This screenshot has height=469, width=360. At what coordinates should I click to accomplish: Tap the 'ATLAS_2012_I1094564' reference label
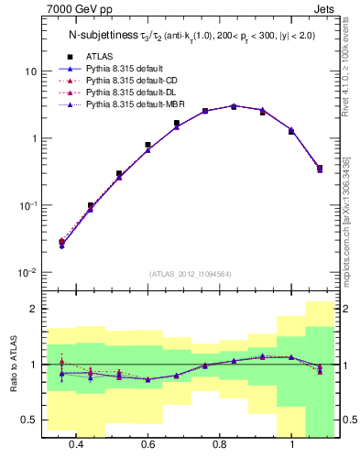(x=188, y=274)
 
